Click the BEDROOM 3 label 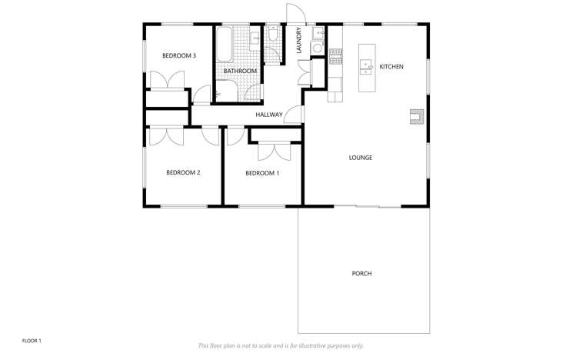pos(179,55)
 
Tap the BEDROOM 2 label pos(183,172)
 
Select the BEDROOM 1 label pos(261,173)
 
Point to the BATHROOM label pos(240,72)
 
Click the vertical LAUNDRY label pos(299,41)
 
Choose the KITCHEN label pos(391,68)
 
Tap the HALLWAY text pos(269,115)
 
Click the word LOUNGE pos(360,158)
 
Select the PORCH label pos(361,273)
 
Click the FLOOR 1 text pos(32,340)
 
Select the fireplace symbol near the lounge pos(416,116)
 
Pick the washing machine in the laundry pos(316,48)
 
